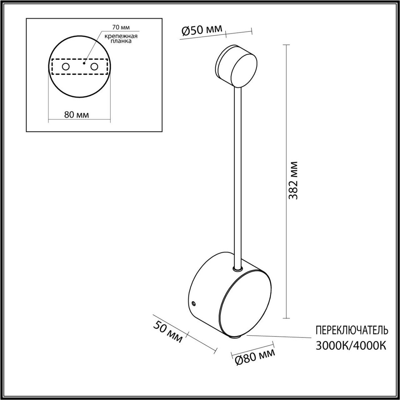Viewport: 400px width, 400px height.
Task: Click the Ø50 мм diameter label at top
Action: click(x=202, y=31)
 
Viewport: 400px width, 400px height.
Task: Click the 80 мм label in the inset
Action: click(x=76, y=115)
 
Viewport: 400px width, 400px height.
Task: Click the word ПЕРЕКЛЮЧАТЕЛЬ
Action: click(x=352, y=330)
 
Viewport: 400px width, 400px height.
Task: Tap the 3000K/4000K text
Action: click(x=351, y=345)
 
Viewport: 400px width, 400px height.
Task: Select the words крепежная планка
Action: click(x=116, y=39)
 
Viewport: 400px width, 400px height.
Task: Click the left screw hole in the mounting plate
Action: click(x=66, y=67)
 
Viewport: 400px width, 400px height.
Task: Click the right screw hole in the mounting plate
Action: click(x=94, y=67)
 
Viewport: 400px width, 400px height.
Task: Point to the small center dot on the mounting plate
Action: click(x=85, y=62)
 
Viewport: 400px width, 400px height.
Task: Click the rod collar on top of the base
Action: click(x=237, y=268)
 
